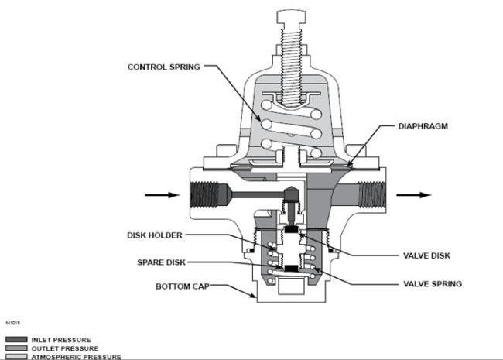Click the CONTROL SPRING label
pos(163,67)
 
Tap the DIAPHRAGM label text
pos(423,126)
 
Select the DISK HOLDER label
pos(155,235)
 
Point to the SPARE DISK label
pos(162,262)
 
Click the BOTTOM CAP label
pos(183,286)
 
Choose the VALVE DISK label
pos(426,255)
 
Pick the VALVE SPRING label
pos(433,284)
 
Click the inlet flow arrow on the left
pos(163,195)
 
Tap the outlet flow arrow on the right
pos(414,195)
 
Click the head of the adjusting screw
pos(291,17)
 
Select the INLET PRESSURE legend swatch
pos(16,339)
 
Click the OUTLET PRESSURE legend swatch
pos(16,348)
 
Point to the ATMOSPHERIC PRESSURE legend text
pos(77,357)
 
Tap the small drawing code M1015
pos(13,323)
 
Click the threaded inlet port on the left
pos(204,194)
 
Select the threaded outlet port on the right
pos(371,194)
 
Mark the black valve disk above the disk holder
pos(291,229)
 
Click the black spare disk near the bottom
pos(291,268)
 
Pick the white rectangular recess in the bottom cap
pos(291,286)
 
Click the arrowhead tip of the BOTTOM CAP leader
pos(255,297)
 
